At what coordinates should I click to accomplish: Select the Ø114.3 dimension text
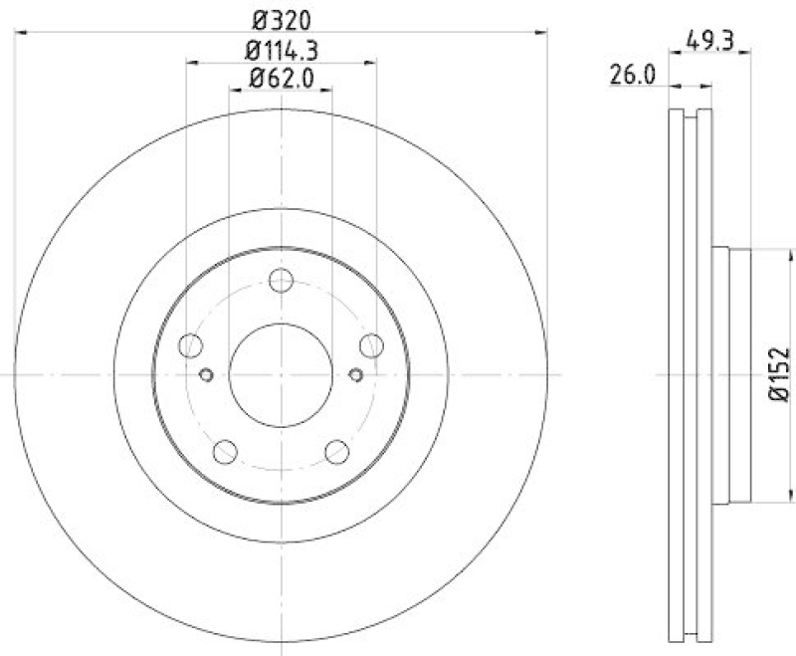pos(282,50)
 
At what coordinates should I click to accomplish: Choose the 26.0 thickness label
pos(633,73)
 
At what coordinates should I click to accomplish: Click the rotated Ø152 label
pos(779,374)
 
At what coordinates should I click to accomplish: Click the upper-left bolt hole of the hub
pos(190,345)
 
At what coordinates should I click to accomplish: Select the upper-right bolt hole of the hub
pos(372,345)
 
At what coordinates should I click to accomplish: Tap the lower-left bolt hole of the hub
pos(225,451)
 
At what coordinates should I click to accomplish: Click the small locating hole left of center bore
pos(207,374)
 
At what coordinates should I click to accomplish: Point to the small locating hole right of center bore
pos(356,374)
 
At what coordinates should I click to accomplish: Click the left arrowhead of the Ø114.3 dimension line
pos(191,63)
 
